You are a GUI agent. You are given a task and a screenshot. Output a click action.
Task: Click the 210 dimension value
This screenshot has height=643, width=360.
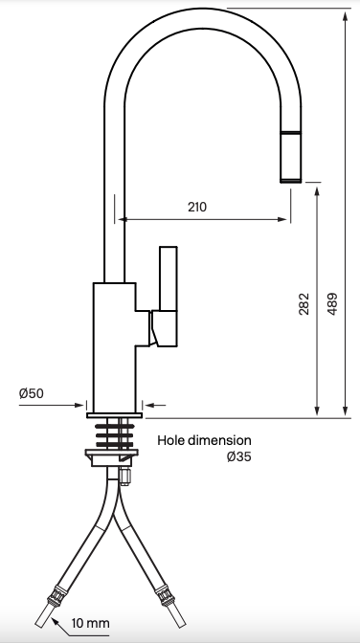tap(197, 207)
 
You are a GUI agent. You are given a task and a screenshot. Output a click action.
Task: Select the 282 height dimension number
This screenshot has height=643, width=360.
tap(304, 304)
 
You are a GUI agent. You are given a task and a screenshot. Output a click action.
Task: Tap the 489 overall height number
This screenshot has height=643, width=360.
tap(332, 304)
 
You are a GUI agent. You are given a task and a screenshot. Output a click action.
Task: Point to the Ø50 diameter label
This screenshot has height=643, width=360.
tap(31, 393)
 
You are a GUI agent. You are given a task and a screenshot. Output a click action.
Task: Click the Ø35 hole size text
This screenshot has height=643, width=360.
tap(239, 456)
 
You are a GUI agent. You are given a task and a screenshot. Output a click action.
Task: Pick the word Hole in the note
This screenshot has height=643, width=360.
tap(171, 440)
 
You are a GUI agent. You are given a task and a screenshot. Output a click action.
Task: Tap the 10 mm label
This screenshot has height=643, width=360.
tap(91, 623)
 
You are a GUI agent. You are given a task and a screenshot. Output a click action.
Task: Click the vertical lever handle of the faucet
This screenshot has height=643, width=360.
tap(168, 278)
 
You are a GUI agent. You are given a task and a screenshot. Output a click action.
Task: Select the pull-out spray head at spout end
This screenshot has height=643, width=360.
tap(291, 157)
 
